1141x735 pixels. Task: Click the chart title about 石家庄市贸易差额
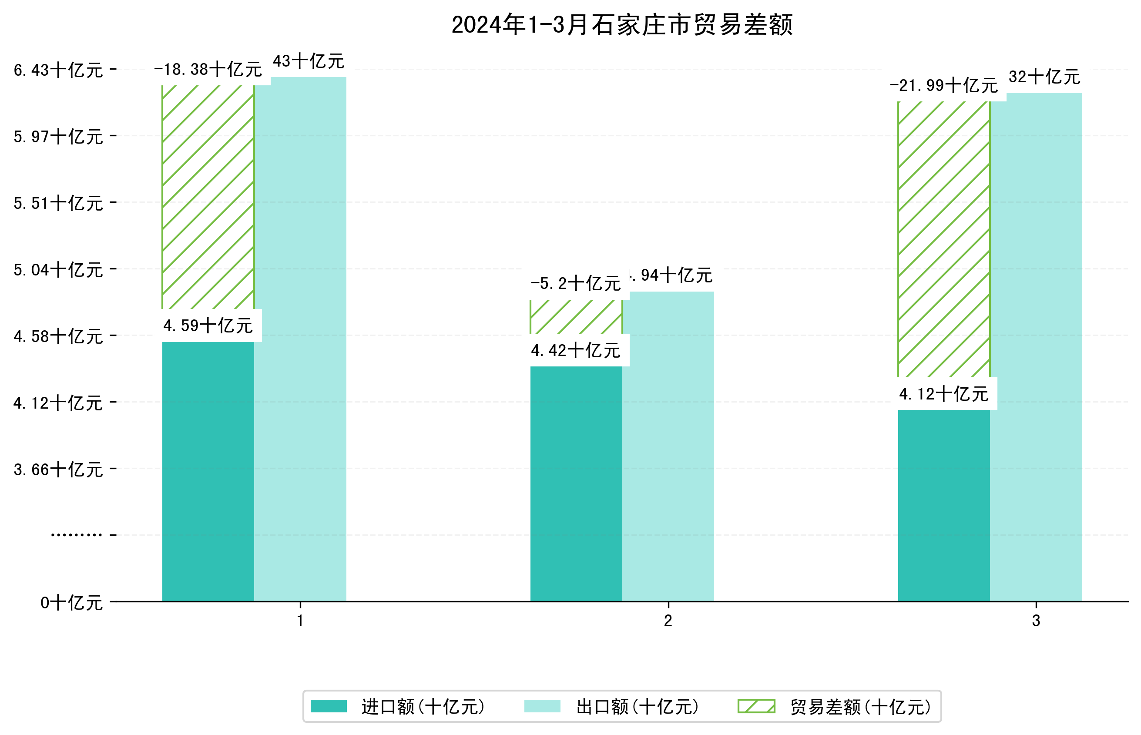pyautogui.click(x=621, y=25)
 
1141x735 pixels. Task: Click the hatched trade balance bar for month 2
pyautogui.click(x=576, y=316)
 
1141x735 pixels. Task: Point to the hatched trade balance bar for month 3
pyautogui.click(x=943, y=238)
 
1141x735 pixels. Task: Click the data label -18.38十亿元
pyautogui.click(x=208, y=70)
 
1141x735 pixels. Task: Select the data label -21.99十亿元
pyautogui.click(x=943, y=86)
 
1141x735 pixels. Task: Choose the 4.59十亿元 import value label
pyautogui.click(x=208, y=326)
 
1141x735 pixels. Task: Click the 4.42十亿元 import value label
pyautogui.click(x=576, y=351)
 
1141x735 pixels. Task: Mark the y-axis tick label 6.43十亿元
pyautogui.click(x=58, y=70)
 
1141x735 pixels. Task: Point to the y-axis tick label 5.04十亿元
pyautogui.click(x=58, y=270)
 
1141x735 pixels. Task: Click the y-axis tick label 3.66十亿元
pyautogui.click(x=58, y=470)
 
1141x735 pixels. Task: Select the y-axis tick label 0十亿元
pyautogui.click(x=71, y=603)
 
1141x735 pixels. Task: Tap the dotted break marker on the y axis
pyautogui.click(x=76, y=535)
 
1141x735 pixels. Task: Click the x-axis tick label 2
pyautogui.click(x=668, y=621)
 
